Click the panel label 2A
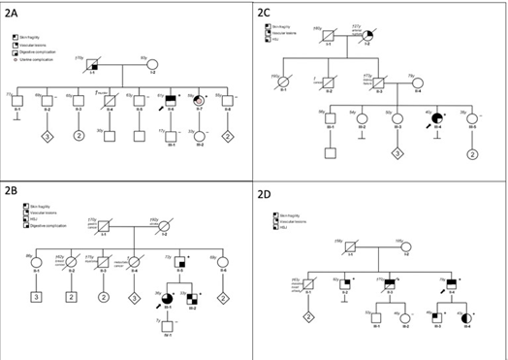(x=16, y=11)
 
